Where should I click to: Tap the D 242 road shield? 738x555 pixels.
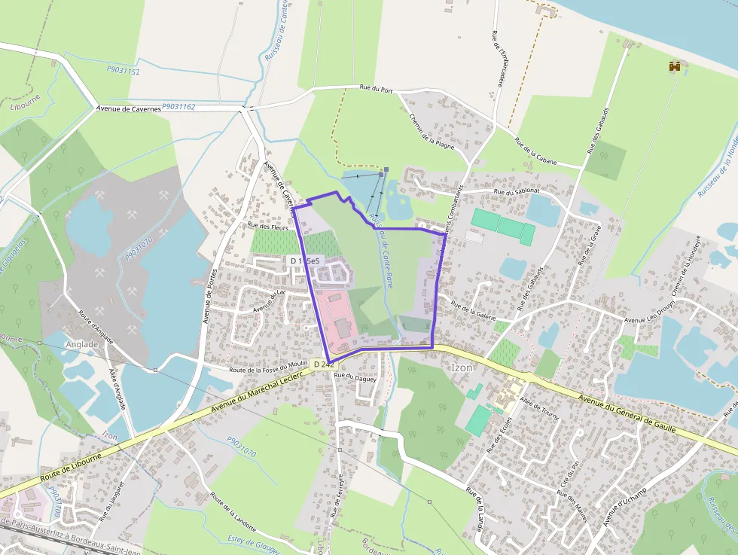[322, 364]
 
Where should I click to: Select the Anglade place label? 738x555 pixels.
[82, 344]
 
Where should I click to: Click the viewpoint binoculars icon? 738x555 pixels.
[674, 67]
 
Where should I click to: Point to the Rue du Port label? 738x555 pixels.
[377, 90]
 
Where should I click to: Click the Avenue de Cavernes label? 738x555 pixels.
[129, 108]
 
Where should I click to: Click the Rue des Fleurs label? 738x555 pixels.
[269, 224]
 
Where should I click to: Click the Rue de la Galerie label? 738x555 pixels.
[473, 311]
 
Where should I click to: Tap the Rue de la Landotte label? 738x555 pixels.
[234, 512]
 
